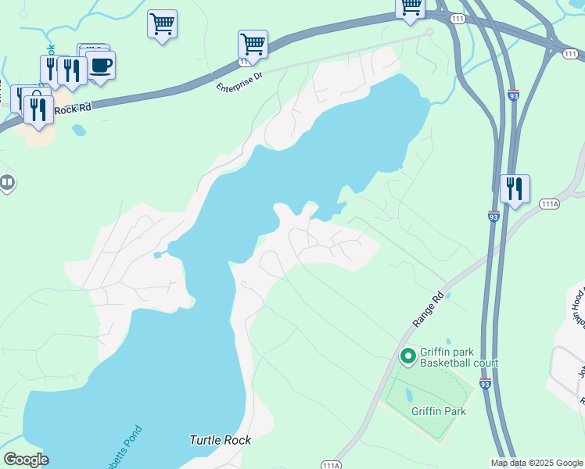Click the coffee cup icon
(101, 65)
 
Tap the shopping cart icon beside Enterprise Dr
(253, 44)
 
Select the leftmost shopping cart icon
(162, 23)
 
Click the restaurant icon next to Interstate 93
(515, 189)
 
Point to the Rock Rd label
(74, 109)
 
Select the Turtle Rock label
(221, 440)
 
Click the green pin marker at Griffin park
(407, 356)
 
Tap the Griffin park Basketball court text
(459, 357)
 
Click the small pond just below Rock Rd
(78, 131)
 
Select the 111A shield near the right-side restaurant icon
(550, 204)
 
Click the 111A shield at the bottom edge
(331, 465)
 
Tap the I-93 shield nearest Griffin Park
(485, 384)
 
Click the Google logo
(26, 460)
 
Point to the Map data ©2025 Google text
(537, 463)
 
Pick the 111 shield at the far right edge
(571, 53)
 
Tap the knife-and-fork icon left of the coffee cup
(71, 70)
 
